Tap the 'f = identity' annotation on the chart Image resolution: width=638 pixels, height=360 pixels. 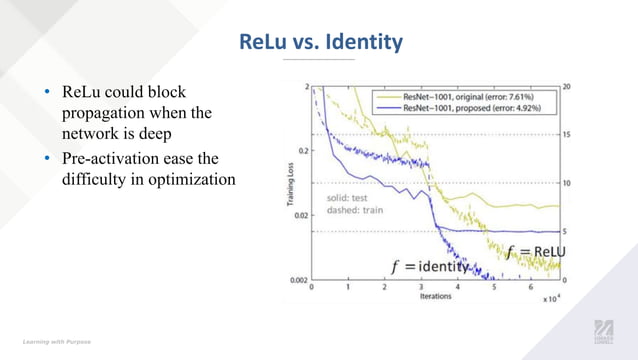coord(429,267)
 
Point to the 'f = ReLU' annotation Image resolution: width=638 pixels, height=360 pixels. coord(535,251)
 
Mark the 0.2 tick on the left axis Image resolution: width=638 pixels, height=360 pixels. coord(301,150)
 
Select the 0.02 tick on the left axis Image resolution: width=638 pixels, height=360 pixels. coord(299,215)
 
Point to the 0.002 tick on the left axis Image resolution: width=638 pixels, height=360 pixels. coord(297,280)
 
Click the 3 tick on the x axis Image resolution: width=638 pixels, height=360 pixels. coord(421,287)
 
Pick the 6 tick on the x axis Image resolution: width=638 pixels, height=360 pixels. coord(530,287)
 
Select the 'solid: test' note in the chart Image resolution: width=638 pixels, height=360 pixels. coord(348,197)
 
